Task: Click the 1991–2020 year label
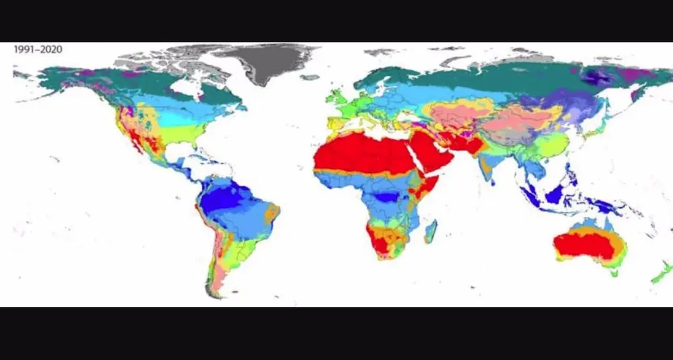coord(38,49)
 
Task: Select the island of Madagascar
coord(430,231)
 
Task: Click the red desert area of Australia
coord(586,246)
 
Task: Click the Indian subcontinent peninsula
coord(489,172)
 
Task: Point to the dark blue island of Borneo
coord(557,194)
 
